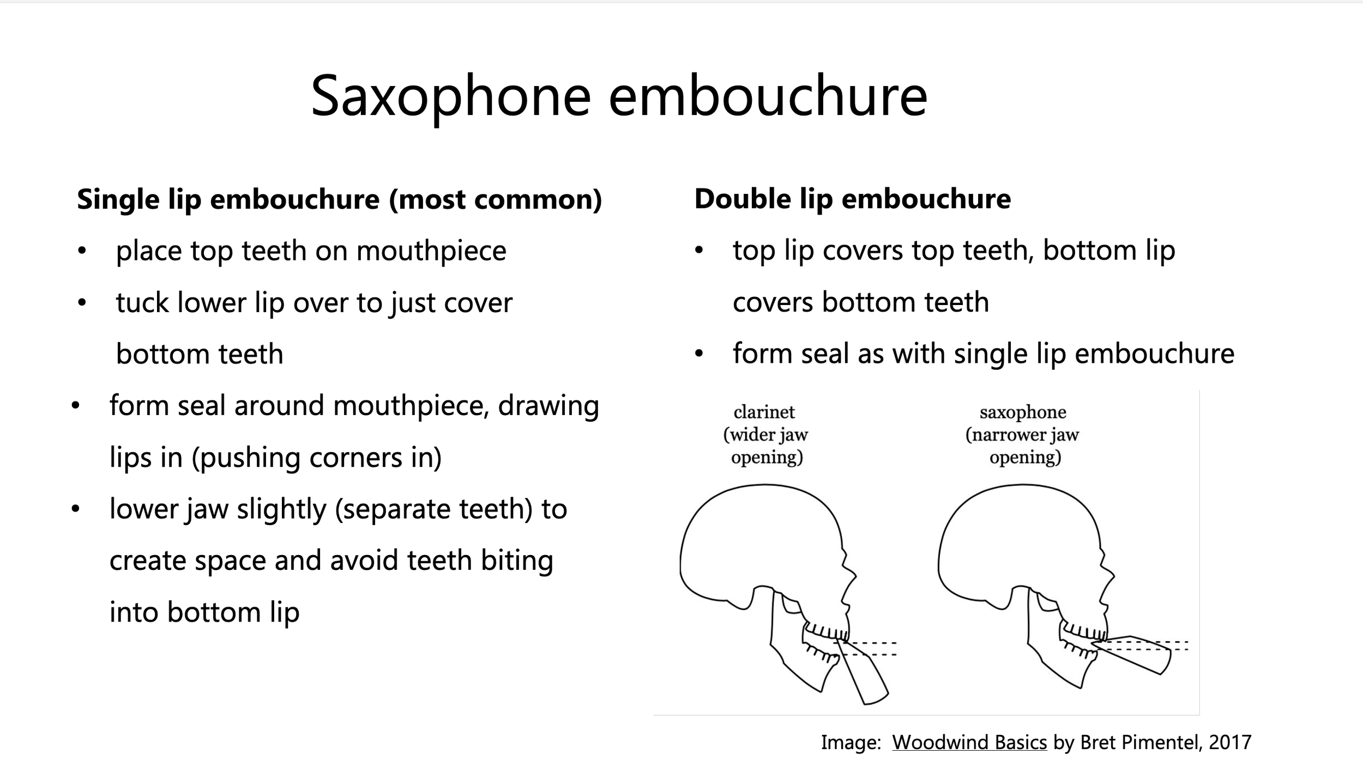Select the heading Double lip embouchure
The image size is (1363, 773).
(852, 198)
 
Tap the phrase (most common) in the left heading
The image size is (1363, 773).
(496, 199)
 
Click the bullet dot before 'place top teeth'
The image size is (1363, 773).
(82, 252)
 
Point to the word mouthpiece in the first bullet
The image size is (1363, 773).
(431, 251)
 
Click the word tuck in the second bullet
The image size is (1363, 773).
(142, 303)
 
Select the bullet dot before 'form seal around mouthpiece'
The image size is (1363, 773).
(75, 406)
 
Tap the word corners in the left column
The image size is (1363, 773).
(357, 458)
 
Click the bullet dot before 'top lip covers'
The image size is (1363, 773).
(699, 252)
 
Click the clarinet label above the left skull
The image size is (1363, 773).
(764, 412)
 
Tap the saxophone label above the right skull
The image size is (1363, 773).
(1023, 412)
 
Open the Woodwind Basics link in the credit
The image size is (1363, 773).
(969, 742)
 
